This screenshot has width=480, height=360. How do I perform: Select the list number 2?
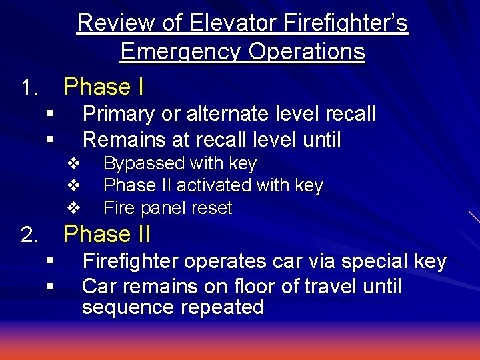click(x=29, y=235)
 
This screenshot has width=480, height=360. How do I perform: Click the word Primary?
click(x=119, y=114)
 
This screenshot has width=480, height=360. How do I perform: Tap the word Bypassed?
click(x=143, y=163)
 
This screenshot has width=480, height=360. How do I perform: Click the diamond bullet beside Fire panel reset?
click(x=75, y=207)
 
